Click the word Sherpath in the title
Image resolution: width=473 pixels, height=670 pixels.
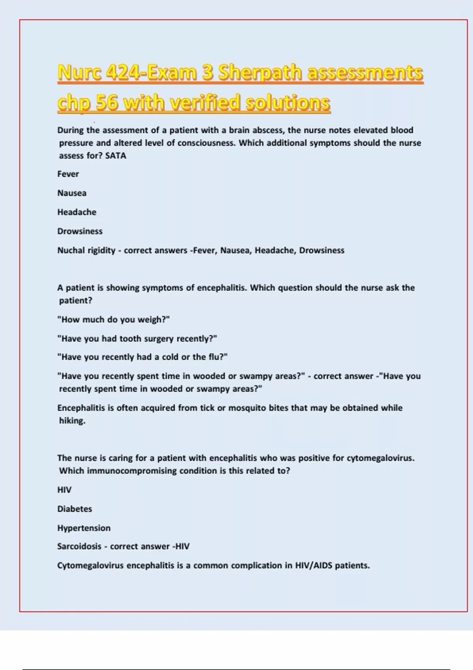(x=260, y=73)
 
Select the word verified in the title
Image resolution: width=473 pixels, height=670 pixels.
(x=205, y=103)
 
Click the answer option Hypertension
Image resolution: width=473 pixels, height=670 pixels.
(x=84, y=528)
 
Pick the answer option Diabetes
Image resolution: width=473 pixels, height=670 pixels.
(x=74, y=509)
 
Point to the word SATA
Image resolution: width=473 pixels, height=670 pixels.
(x=115, y=156)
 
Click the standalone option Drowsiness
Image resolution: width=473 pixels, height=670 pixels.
(x=80, y=231)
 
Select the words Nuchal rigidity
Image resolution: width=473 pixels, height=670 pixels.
(x=86, y=250)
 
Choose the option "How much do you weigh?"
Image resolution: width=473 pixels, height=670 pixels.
(x=114, y=320)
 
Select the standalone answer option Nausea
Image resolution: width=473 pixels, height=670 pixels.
(x=72, y=193)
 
